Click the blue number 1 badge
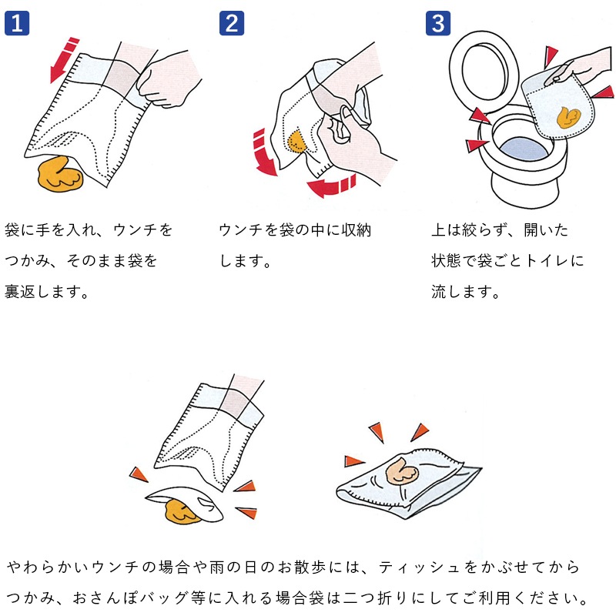point(17,22)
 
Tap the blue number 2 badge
point(231,22)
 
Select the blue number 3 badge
point(438,22)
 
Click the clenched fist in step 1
point(170,78)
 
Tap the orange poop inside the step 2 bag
point(296,140)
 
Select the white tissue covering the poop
point(185,497)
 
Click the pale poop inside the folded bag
point(401,470)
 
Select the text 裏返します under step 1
point(46,292)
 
